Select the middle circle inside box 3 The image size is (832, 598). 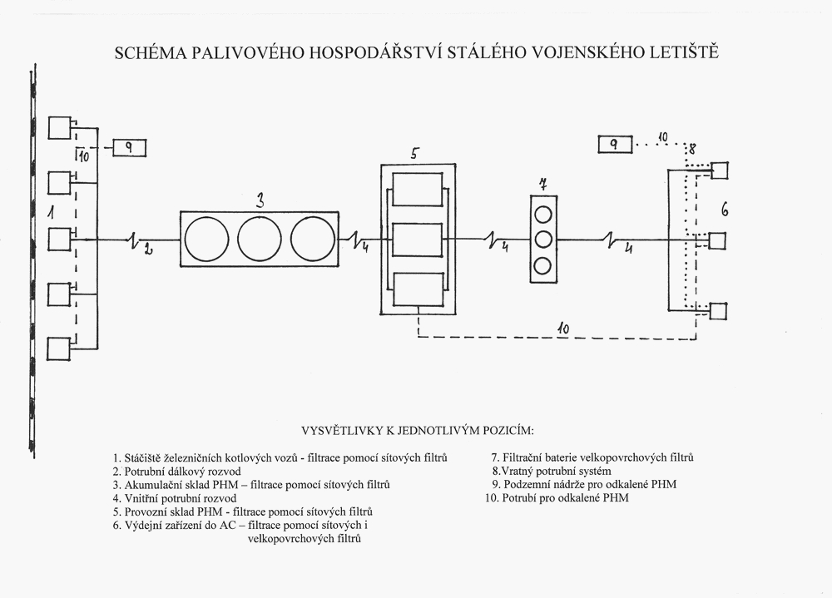(260, 239)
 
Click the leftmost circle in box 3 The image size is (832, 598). (206, 239)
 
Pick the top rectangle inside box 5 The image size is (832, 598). (418, 190)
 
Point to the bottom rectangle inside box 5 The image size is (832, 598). (418, 289)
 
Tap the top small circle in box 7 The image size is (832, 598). (543, 215)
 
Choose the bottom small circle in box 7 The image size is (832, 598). (542, 264)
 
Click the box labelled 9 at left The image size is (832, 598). (130, 148)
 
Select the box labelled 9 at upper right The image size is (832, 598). (615, 145)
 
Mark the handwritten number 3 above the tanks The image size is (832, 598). (260, 200)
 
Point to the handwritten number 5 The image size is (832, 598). (414, 154)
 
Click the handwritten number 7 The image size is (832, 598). (542, 184)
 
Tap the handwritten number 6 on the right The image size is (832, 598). (725, 210)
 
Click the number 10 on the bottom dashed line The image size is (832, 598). (563, 329)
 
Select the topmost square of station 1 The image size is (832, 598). (59, 128)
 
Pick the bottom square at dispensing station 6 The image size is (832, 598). (718, 311)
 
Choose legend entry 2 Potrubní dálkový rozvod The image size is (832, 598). (176, 472)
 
